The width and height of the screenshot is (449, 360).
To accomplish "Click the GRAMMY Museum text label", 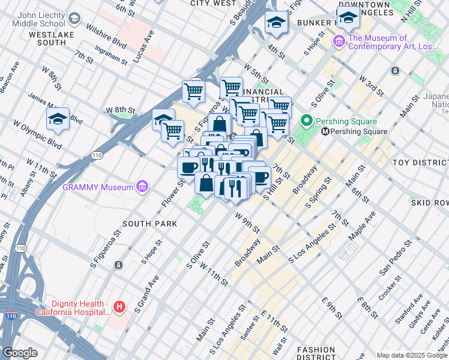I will point(97,187).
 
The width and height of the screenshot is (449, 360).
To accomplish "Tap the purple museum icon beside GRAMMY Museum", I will point(142,187).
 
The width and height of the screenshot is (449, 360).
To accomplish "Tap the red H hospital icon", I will point(119,307).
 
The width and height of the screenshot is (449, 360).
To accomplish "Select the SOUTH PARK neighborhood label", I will point(149,224).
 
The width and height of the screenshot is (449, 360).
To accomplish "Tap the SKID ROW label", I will point(430,203).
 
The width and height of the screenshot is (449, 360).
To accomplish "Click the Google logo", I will point(20,353).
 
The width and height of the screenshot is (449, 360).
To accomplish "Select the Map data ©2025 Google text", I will point(411,355).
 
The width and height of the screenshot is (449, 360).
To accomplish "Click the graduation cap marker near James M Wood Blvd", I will point(58,119).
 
